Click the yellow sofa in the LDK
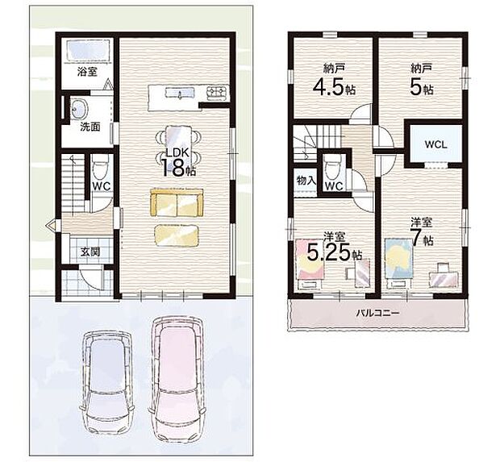[174, 202]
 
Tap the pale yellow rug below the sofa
[177, 234]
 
